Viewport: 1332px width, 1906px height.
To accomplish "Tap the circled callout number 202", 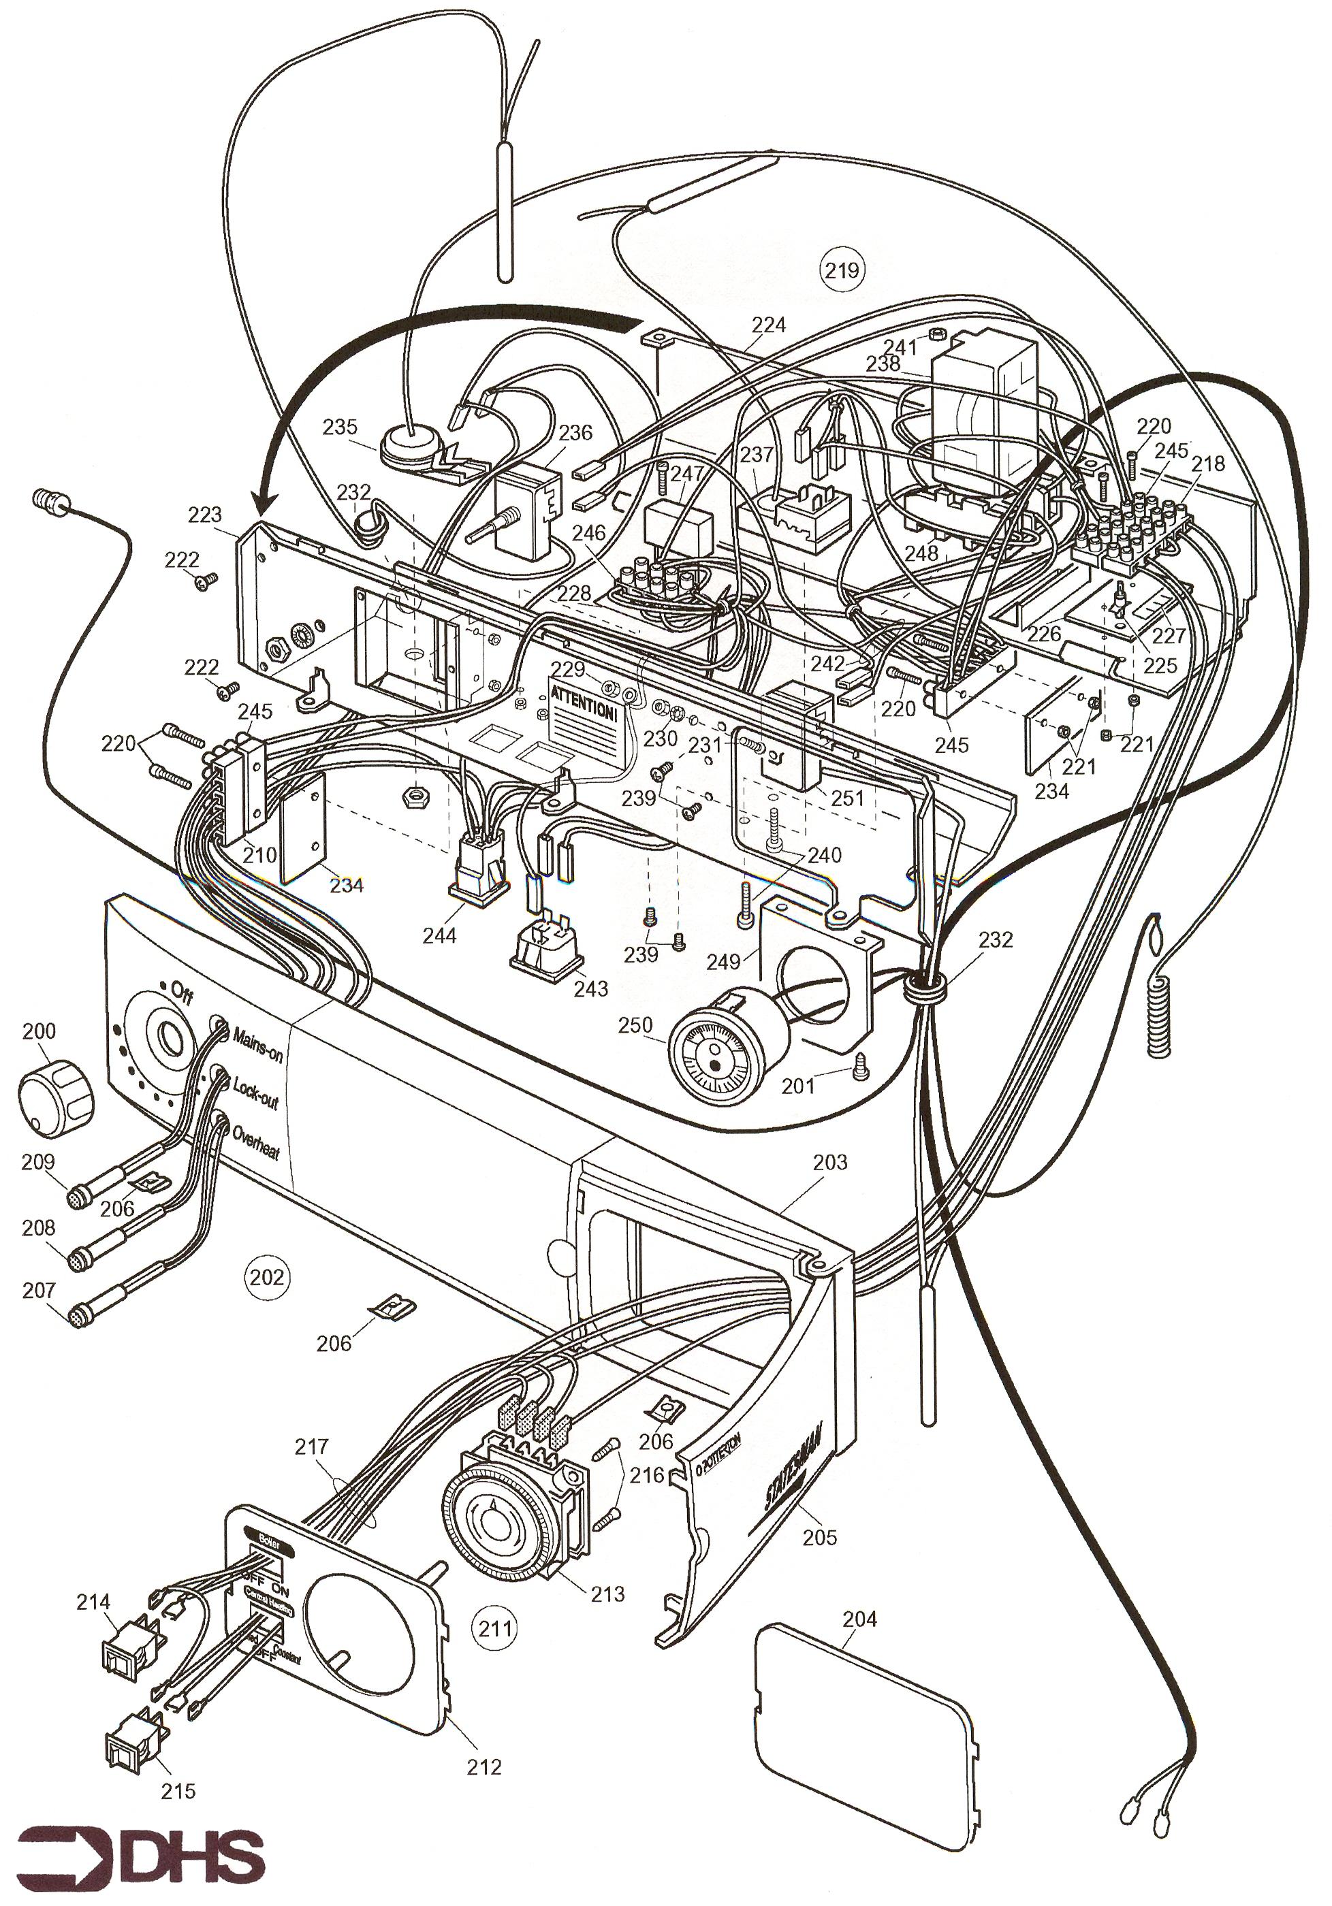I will click(266, 1276).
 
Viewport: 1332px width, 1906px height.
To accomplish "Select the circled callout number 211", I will click(495, 1627).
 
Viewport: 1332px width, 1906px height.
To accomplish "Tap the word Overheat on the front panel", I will click(256, 1142).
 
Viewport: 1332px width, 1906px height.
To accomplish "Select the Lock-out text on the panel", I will click(256, 1093).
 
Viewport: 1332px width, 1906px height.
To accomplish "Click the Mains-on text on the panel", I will click(258, 1045).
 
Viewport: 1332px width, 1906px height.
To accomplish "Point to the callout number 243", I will click(590, 988).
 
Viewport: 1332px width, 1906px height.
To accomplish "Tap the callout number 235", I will click(340, 427).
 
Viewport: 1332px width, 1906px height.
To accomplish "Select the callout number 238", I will click(883, 363).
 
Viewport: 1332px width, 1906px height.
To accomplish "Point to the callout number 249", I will click(723, 961).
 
